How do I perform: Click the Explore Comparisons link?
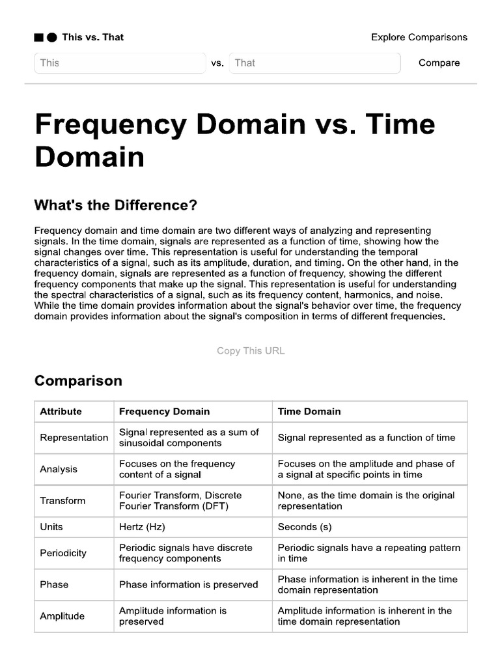[419, 37]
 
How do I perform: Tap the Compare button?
[439, 63]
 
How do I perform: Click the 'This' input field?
[120, 63]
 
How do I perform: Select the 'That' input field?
[314, 63]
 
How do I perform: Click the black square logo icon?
[38, 38]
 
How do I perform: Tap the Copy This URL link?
[251, 350]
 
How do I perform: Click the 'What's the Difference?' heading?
[115, 205]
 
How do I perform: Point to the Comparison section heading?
[78, 380]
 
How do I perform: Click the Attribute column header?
[61, 411]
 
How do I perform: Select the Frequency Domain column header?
[164, 411]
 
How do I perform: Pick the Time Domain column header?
[309, 411]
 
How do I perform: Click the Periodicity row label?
[63, 553]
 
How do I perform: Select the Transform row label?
[62, 501]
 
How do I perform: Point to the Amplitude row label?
[62, 616]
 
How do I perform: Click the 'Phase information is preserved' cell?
[188, 584]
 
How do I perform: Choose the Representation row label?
[74, 438]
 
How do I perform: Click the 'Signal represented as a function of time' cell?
[367, 438]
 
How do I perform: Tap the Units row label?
[51, 526]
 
